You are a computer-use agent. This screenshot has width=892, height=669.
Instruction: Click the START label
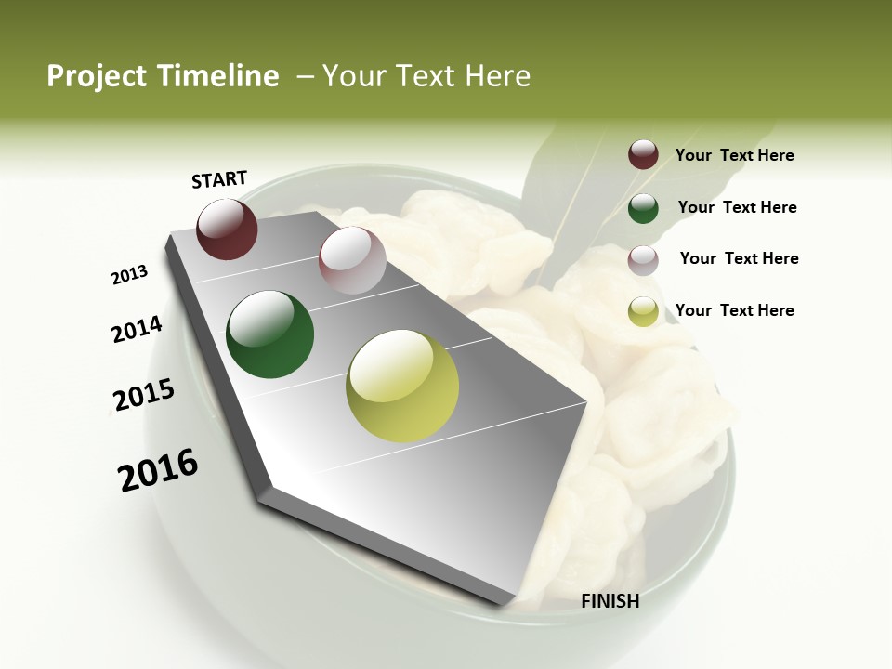pyautogui.click(x=219, y=179)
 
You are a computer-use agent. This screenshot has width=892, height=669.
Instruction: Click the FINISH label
pyautogui.click(x=610, y=601)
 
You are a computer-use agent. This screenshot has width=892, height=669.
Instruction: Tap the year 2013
pyautogui.click(x=130, y=275)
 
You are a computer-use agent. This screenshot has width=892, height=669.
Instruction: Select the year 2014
pyautogui.click(x=137, y=330)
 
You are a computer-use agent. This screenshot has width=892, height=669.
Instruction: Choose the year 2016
pyautogui.click(x=158, y=469)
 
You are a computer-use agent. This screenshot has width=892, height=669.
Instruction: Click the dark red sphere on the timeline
pyautogui.click(x=227, y=229)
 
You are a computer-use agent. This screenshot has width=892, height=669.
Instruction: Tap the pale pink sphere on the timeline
pyautogui.click(x=352, y=259)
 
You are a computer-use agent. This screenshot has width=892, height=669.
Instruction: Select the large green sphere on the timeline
pyautogui.click(x=270, y=334)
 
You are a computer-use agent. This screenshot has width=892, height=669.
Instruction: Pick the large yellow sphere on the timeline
pyautogui.click(x=402, y=386)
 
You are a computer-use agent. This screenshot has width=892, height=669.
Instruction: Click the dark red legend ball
pyautogui.click(x=643, y=154)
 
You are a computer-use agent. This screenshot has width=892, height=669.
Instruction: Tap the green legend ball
pyautogui.click(x=643, y=208)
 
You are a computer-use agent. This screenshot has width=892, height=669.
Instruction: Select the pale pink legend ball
pyautogui.click(x=643, y=260)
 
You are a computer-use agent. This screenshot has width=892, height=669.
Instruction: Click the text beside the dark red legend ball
pyautogui.click(x=734, y=155)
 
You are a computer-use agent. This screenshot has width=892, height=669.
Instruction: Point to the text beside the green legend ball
pyautogui.click(x=737, y=207)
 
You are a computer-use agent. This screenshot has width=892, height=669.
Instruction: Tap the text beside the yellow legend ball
pyautogui.click(x=734, y=310)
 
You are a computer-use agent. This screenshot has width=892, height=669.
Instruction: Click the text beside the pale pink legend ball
pyautogui.click(x=739, y=258)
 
